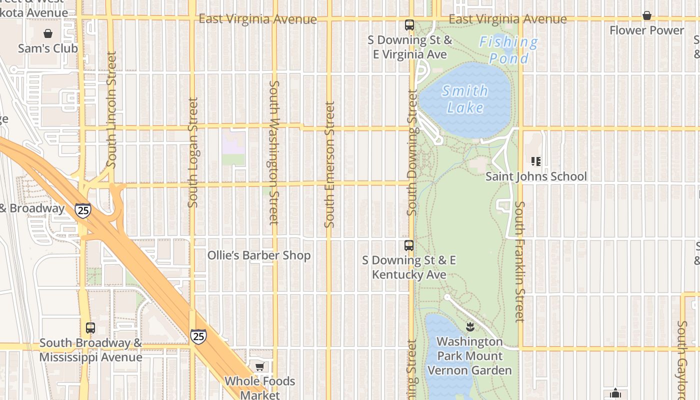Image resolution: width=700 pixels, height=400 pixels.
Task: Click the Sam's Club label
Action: pyautogui.click(x=48, y=48)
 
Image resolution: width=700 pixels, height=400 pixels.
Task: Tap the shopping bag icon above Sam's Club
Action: pyautogui.click(x=48, y=33)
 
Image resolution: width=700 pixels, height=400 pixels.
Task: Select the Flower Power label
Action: pyautogui.click(x=646, y=30)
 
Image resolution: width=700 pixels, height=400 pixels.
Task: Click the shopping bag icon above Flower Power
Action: pyautogui.click(x=646, y=15)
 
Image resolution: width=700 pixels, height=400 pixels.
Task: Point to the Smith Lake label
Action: pyautogui.click(x=465, y=99)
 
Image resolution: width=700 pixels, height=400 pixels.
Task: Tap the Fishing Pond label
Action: pyautogui.click(x=508, y=50)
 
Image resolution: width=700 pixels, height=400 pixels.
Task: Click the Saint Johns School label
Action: pyautogui.click(x=536, y=176)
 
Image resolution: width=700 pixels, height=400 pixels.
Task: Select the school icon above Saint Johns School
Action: pyautogui.click(x=536, y=161)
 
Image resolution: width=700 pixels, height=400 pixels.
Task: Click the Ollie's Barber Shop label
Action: pyautogui.click(x=259, y=255)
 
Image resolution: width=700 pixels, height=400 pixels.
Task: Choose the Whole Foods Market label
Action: pyautogui.click(x=259, y=388)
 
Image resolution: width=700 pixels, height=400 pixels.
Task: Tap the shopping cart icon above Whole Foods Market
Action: pyautogui.click(x=259, y=367)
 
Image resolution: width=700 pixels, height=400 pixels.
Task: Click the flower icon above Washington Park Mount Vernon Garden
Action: pyautogui.click(x=469, y=327)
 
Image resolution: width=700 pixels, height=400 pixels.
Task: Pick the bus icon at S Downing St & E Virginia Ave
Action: pyautogui.click(x=409, y=25)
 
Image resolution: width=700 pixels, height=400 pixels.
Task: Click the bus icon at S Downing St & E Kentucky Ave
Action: pyautogui.click(x=409, y=245)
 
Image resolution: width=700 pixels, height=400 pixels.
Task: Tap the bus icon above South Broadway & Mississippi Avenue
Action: pyautogui.click(x=90, y=328)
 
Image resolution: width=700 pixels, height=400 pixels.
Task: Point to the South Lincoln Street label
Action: pyautogui.click(x=111, y=109)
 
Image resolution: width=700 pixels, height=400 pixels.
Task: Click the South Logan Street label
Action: pyautogui.click(x=193, y=152)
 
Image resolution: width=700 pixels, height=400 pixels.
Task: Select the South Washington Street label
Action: pyautogui.click(x=274, y=152)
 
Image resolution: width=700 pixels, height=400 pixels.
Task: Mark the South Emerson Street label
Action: pyautogui.click(x=329, y=164)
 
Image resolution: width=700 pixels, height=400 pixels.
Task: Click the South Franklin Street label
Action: pyautogui.click(x=520, y=261)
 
